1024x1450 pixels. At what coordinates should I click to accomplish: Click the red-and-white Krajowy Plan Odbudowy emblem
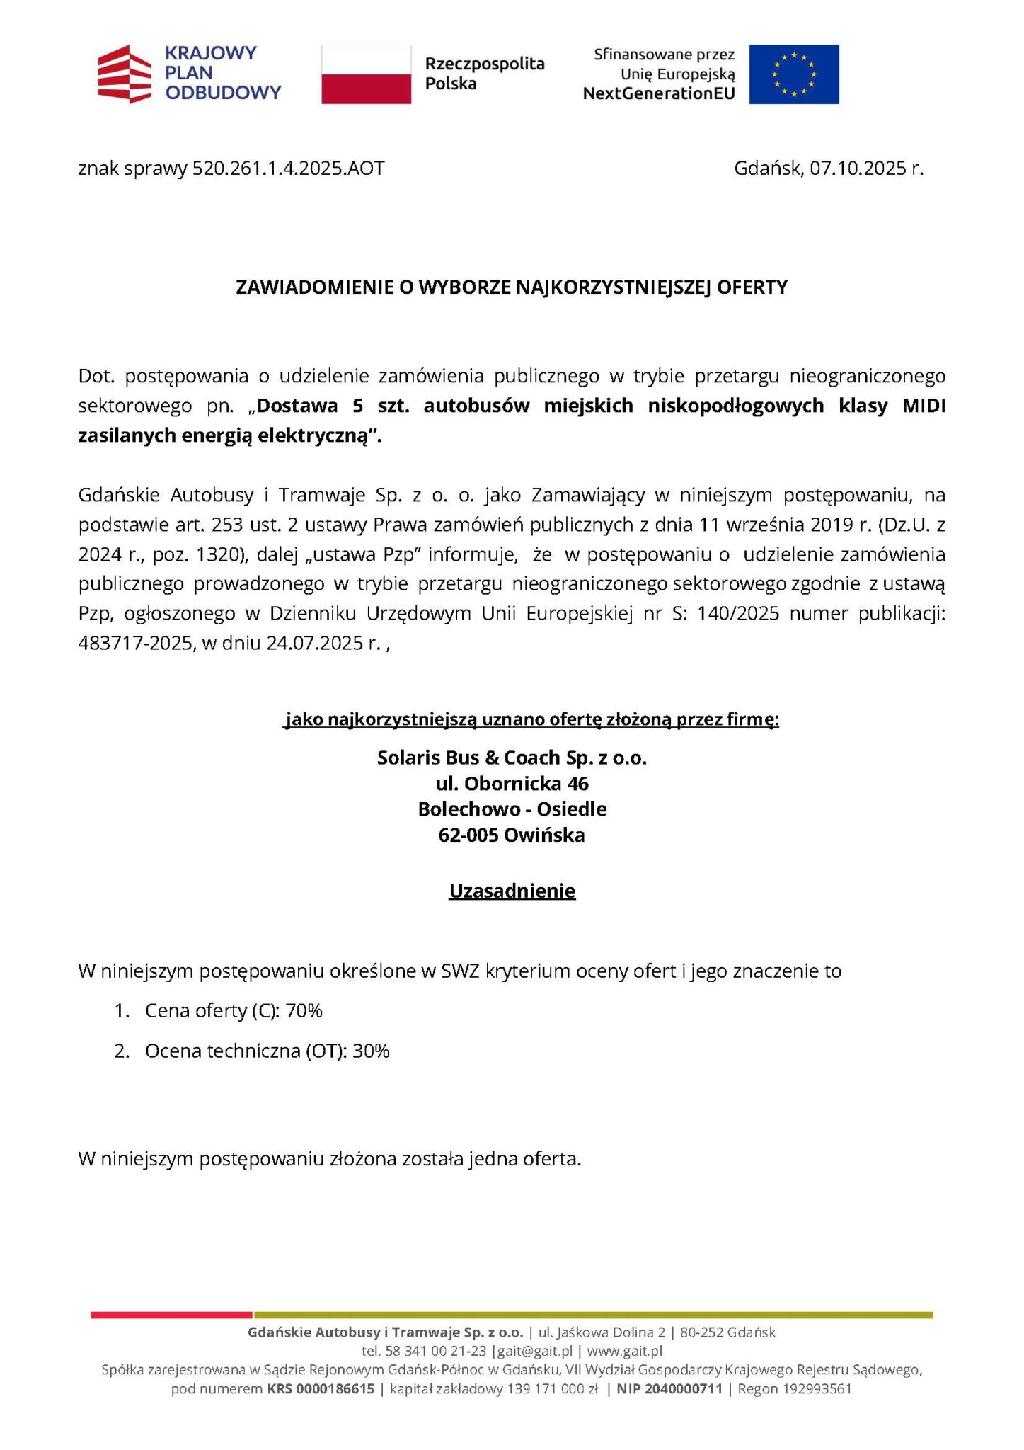[124, 74]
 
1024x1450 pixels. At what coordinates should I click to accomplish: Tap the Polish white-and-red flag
[366, 74]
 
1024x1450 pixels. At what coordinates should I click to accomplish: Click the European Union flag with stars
[793, 74]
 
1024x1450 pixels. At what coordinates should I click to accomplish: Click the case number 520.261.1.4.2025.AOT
[288, 169]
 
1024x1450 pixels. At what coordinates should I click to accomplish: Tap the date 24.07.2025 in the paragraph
[315, 643]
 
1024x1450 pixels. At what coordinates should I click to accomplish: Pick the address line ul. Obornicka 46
[512, 784]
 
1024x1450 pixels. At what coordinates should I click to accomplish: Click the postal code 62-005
[468, 835]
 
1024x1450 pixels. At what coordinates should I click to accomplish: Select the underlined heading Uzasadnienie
[512, 891]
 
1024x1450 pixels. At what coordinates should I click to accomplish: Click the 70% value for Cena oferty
[304, 1011]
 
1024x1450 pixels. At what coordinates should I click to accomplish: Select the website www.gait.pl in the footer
[624, 1351]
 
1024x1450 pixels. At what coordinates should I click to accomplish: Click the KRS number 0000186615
[335, 1389]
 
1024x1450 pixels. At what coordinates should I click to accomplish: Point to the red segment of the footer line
[171, 1315]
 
